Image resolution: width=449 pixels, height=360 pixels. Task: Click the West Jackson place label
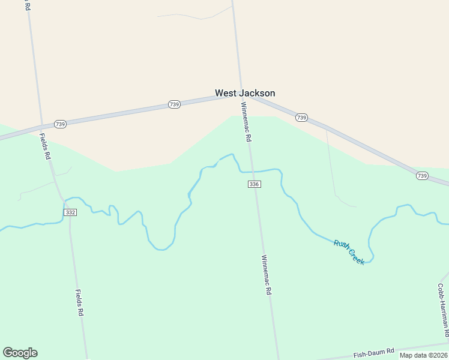pos(245,93)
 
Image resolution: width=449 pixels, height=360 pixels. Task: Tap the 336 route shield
pos(254,184)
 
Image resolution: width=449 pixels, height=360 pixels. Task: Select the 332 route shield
pos(70,212)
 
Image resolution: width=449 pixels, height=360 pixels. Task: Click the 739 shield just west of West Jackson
pos(174,104)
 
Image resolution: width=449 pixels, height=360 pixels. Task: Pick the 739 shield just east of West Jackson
pos(302,118)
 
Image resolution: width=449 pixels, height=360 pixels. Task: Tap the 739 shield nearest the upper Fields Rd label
pos(60,124)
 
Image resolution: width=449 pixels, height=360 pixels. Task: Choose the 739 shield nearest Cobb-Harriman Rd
pos(423,176)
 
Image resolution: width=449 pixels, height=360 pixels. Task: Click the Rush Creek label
pos(349,252)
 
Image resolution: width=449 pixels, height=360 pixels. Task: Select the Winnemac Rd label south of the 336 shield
pos(267,275)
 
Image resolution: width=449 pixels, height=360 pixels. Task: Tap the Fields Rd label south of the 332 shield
pos(79,302)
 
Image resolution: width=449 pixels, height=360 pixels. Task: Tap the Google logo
pos(20,353)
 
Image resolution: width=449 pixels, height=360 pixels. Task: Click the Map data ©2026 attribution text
pos(424,355)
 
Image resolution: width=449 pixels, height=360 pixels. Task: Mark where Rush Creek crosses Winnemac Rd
pos(252,172)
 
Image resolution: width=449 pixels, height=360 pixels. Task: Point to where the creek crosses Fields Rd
pos(65,199)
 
